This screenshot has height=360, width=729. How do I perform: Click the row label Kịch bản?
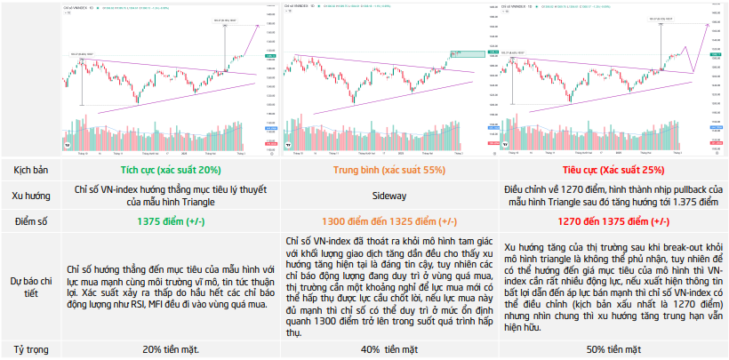29,169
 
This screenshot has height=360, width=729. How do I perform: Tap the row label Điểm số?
29,220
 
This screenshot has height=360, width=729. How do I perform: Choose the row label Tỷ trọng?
29,350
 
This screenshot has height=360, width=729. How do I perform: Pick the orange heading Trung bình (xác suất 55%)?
389,169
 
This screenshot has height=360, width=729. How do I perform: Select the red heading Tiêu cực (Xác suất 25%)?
613,169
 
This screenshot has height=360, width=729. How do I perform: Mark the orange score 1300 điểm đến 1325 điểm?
389,220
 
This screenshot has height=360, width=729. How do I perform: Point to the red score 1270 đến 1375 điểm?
613,220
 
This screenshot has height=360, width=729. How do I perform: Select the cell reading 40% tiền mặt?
389,350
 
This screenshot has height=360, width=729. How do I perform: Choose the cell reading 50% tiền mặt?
613,350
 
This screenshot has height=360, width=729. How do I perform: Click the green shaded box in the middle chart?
471,55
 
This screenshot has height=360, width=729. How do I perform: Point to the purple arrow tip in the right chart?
709,25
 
